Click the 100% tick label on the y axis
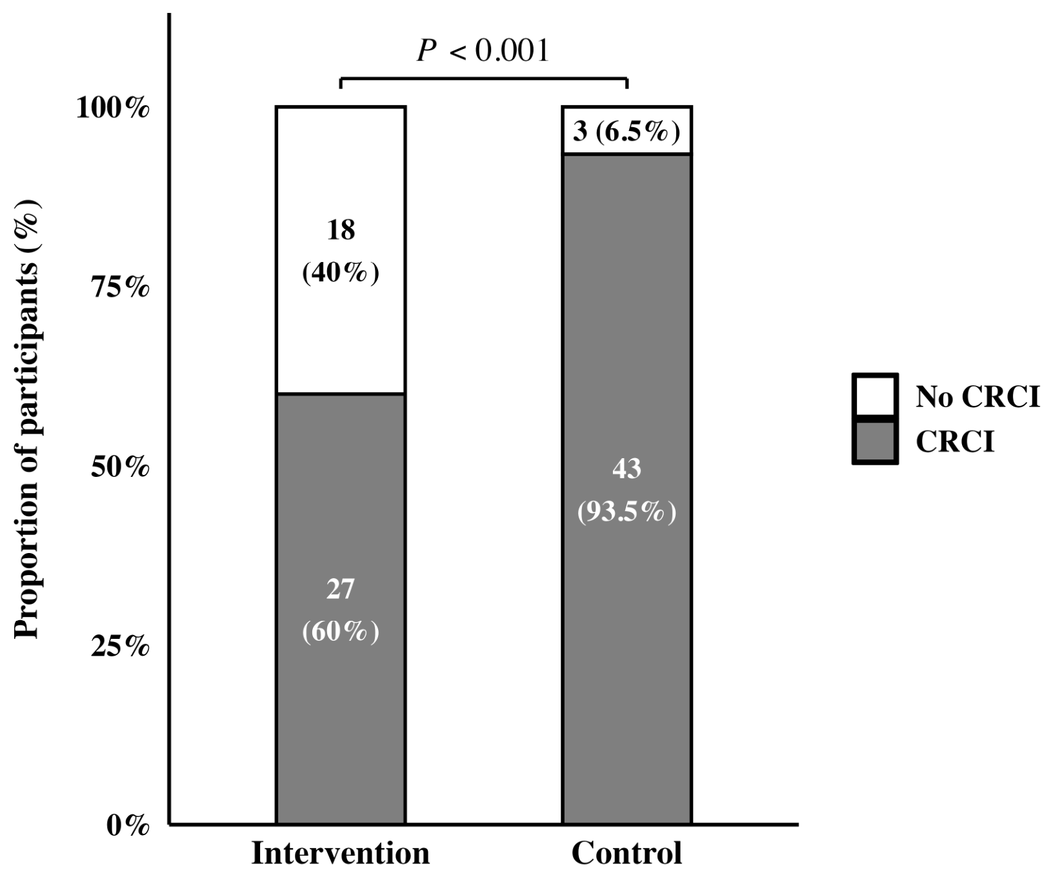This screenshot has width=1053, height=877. (113, 108)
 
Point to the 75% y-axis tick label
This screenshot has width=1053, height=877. (121, 288)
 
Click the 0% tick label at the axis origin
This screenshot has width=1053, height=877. (128, 825)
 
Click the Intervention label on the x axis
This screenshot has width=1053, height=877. (341, 853)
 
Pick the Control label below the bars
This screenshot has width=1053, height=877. (627, 853)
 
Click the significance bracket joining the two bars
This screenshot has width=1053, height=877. (484, 78)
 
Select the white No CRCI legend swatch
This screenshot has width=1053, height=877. (875, 396)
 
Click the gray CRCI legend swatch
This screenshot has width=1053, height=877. (875, 442)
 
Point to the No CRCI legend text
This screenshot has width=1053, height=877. (978, 396)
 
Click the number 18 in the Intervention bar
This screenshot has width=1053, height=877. (341, 230)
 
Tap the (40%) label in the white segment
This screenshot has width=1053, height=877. (341, 273)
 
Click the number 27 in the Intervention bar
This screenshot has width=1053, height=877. (341, 589)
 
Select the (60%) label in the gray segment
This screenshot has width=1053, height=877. (341, 631)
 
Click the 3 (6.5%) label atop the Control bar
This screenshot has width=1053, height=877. (627, 132)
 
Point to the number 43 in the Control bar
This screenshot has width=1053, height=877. (627, 469)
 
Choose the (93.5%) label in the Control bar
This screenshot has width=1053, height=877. (627, 512)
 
